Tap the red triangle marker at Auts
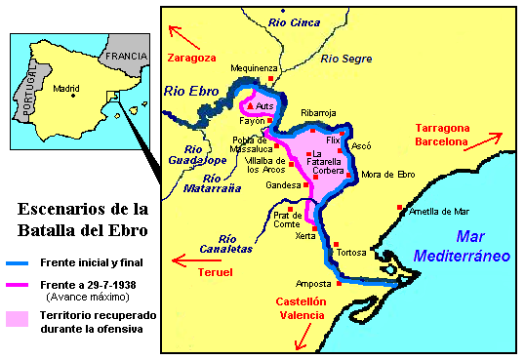pos(252,104)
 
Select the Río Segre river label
pos(346,59)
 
